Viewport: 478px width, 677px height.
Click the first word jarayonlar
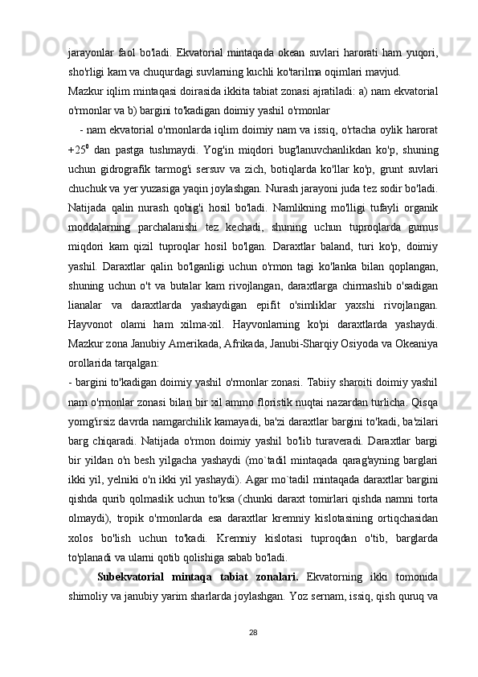[90, 53]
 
